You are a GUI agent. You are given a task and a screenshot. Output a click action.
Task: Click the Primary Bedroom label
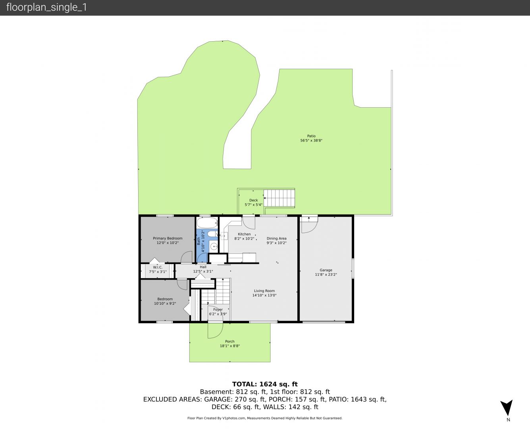tap(168, 238)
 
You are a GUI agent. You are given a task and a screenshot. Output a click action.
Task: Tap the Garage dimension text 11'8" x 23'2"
tap(326, 274)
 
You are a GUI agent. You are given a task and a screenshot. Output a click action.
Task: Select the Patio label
tap(311, 136)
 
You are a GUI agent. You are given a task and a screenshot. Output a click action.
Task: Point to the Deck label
tap(254, 200)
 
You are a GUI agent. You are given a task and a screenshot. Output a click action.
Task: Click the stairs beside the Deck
tap(279, 198)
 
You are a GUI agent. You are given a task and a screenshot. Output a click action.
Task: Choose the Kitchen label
tap(244, 234)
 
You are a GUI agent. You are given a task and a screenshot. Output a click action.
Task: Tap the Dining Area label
tap(276, 238)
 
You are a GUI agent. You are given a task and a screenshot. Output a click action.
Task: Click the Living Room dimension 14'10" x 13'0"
tap(264, 295)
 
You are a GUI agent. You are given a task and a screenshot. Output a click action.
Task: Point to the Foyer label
tap(218, 309)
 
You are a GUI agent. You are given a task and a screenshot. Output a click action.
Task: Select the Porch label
tap(229, 341)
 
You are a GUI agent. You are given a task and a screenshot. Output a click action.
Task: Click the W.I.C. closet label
tap(158, 267)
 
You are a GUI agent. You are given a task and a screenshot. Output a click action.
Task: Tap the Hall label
tap(203, 267)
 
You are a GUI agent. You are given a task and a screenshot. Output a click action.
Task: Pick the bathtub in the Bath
tap(208, 223)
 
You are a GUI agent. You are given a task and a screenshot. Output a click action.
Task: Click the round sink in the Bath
tap(214, 247)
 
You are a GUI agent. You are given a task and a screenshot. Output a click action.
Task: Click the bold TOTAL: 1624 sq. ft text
tap(265, 384)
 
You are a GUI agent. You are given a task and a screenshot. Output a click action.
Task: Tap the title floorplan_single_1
tap(46, 8)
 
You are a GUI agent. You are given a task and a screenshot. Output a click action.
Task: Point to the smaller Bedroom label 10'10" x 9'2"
tap(165, 301)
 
